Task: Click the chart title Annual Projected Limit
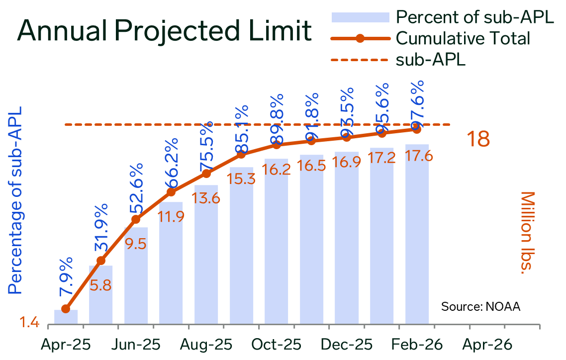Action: coord(164,31)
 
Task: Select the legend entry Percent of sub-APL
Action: coord(475,17)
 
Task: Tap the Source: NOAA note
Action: coord(480,306)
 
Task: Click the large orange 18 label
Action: coord(477,139)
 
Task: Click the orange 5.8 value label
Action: coord(100,285)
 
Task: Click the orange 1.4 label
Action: coord(29,324)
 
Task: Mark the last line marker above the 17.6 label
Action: coord(417,129)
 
